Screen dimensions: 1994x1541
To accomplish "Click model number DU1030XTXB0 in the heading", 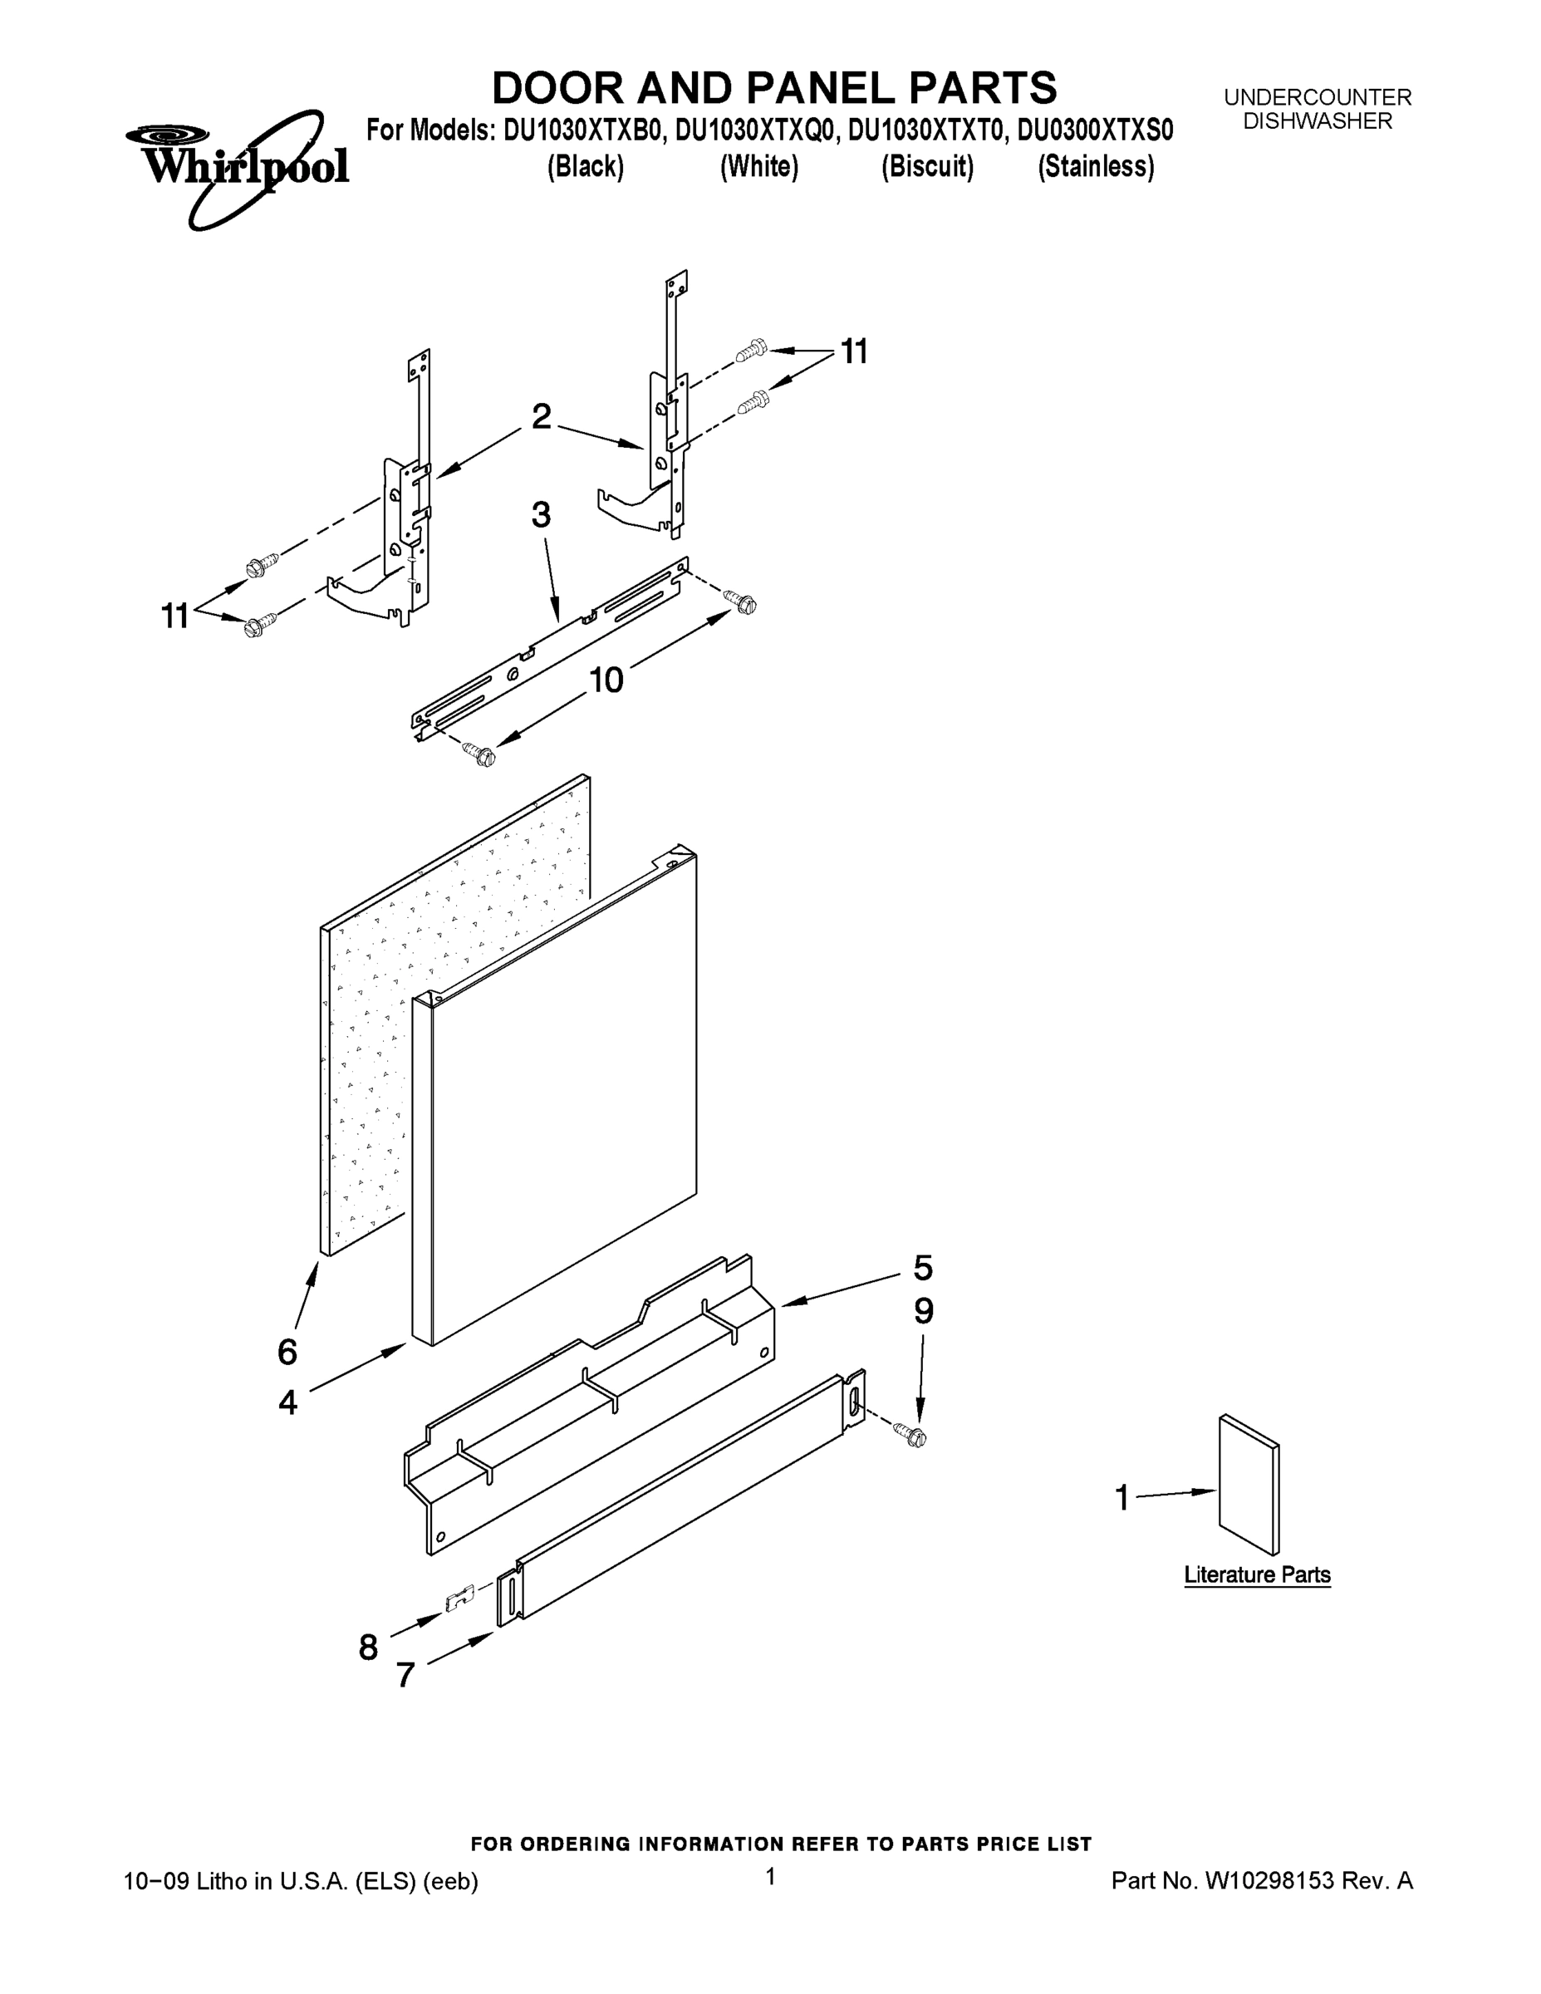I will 582,131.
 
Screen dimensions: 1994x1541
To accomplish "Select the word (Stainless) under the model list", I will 1096,167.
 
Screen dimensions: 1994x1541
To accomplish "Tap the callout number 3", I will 542,516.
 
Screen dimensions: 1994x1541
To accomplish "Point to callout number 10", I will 606,680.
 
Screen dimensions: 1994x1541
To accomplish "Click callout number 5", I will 923,1268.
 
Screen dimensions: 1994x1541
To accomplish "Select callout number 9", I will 924,1312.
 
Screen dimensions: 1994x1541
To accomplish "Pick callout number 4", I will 287,1402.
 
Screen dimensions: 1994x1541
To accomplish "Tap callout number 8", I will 368,1648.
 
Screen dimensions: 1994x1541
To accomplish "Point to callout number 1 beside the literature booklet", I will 1122,1498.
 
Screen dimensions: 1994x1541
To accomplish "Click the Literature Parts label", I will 1257,1575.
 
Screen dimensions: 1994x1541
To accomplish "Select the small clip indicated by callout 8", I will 459,1599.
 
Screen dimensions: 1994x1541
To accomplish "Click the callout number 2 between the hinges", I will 542,417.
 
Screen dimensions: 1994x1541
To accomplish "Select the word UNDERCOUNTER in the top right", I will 1318,96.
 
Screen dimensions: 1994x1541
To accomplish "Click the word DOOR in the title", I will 556,89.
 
